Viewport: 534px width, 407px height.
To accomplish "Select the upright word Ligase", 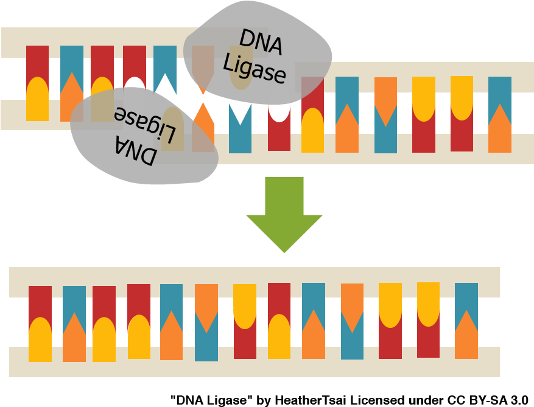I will click(x=255, y=68).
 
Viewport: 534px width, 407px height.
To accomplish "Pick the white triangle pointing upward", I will click(x=165, y=85).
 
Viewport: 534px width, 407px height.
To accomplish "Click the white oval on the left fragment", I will click(x=135, y=88).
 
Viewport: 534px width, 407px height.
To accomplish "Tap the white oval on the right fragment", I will click(x=279, y=104).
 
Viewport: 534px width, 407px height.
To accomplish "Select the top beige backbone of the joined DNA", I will click(x=255, y=282).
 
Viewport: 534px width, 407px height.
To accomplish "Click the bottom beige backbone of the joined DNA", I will click(x=255, y=362).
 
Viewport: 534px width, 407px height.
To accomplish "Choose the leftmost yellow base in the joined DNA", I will click(x=40, y=340).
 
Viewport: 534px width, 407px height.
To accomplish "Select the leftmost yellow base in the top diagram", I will click(x=37, y=100).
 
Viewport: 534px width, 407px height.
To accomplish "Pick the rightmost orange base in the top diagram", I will click(x=500, y=131).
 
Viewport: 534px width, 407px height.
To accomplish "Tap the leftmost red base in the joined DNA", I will click(x=40, y=302).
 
